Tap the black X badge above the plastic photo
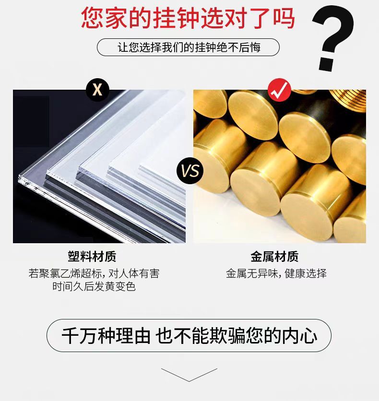point(97,90)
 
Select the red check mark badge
point(280,90)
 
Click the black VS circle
point(190,171)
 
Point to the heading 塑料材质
point(92,257)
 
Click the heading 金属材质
point(274,257)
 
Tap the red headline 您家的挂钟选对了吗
point(188,18)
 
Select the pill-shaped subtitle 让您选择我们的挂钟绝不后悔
point(188,47)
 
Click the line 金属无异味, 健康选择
point(276,273)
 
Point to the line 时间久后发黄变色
point(94,286)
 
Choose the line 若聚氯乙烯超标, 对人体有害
point(94,273)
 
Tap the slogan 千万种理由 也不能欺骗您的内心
point(189,336)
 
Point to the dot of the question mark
point(327,64)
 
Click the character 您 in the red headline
point(93,18)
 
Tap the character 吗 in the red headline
point(284,18)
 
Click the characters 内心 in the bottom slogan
point(300,336)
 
